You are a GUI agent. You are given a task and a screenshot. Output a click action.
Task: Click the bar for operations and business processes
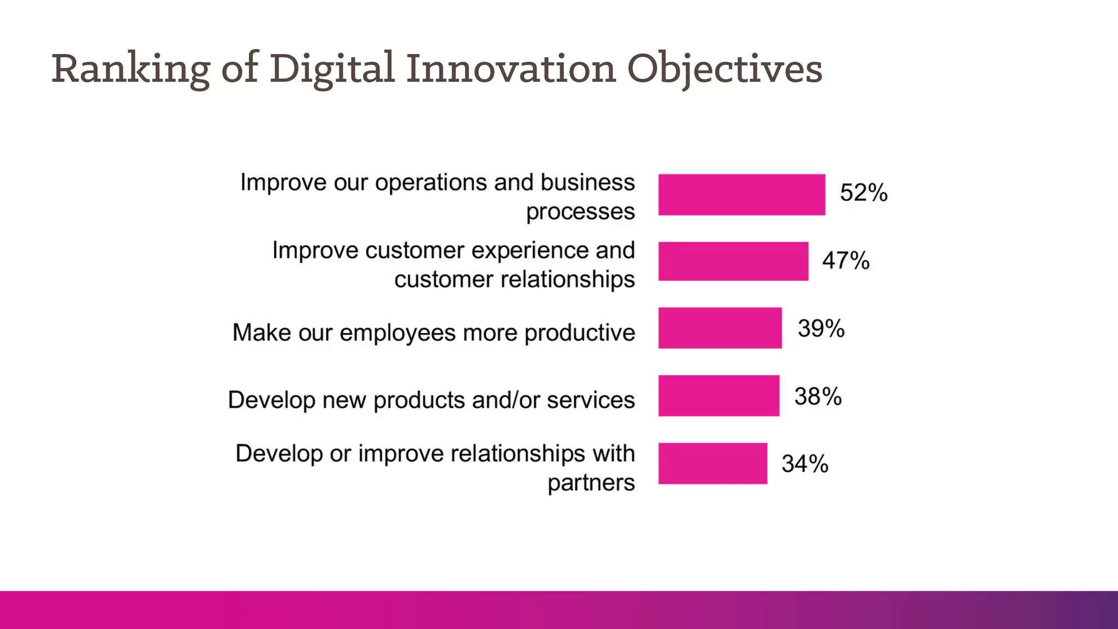(x=741, y=194)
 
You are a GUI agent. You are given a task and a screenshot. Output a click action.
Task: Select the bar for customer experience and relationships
(x=733, y=261)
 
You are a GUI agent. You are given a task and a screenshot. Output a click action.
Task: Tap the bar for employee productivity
(x=719, y=328)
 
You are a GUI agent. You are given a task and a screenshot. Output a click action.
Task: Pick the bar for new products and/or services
(x=718, y=395)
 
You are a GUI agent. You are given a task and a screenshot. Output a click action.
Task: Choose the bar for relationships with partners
(x=712, y=463)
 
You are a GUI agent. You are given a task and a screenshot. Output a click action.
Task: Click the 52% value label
(x=864, y=193)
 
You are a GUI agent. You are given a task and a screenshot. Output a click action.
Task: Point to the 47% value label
(x=846, y=260)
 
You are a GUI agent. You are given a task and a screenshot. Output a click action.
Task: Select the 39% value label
(x=821, y=329)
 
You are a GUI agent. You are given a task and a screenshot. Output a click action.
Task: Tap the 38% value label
(x=818, y=396)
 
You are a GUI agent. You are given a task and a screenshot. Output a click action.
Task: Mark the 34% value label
(x=805, y=464)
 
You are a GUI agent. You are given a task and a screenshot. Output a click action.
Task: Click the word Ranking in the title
(x=131, y=69)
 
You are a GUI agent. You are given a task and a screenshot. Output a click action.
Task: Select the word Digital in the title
(x=331, y=69)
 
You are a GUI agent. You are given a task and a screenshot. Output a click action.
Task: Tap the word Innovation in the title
(x=511, y=69)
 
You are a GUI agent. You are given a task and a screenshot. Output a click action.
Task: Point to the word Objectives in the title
(x=724, y=69)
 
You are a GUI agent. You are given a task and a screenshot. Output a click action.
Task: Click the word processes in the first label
(x=580, y=212)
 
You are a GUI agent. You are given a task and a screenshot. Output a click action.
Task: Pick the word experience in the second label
(x=530, y=251)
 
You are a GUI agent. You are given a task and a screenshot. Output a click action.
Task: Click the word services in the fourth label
(x=591, y=400)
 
